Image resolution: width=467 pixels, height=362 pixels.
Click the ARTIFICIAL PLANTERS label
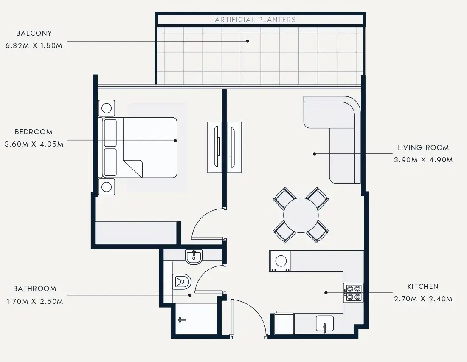click(255, 20)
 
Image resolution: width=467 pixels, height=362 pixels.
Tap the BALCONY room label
click(34, 33)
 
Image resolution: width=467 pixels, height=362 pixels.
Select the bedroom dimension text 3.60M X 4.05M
click(34, 144)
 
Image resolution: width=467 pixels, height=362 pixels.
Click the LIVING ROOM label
click(423, 147)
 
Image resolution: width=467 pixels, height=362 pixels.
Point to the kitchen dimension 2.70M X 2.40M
click(423, 299)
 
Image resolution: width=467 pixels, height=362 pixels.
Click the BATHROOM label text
click(34, 288)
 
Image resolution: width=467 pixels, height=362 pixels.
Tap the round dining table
click(301, 215)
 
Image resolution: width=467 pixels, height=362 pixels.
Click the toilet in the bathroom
click(182, 281)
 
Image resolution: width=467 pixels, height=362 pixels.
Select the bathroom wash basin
click(194, 257)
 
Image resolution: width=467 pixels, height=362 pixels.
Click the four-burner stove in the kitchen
click(353, 292)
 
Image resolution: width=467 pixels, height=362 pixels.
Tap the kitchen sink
click(325, 324)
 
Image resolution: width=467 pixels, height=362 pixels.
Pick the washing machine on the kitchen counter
click(280, 261)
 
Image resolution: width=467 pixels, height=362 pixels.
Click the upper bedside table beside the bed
click(107, 108)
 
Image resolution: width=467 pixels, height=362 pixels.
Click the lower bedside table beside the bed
click(107, 187)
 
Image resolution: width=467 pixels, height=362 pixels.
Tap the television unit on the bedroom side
click(214, 147)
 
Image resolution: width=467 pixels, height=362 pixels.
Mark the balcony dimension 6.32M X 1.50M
click(34, 45)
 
